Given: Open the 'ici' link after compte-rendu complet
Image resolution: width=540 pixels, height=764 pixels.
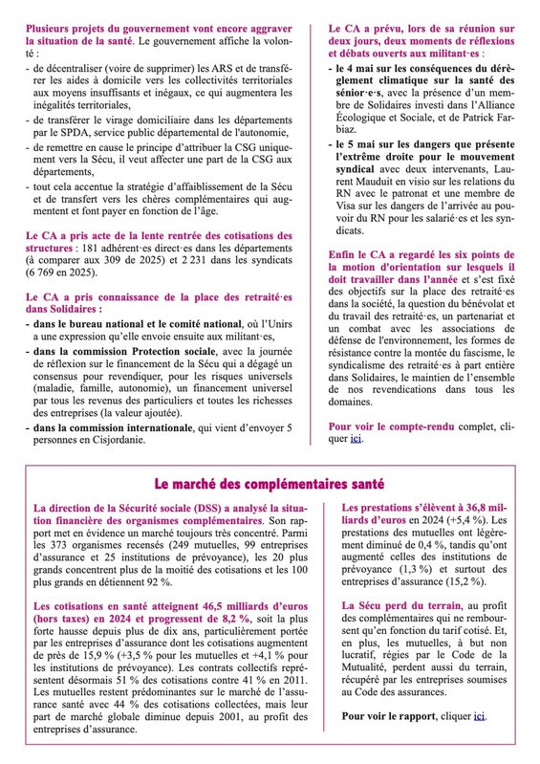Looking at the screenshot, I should click(356, 441).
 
